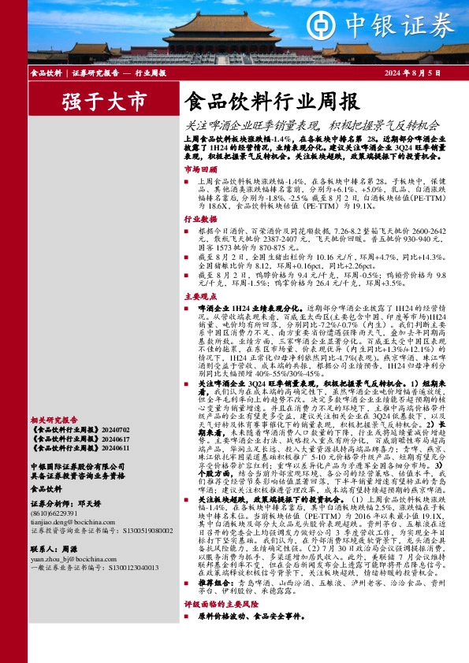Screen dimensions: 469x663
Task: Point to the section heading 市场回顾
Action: [x=199, y=169]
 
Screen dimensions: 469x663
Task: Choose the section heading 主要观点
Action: [x=199, y=297]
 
